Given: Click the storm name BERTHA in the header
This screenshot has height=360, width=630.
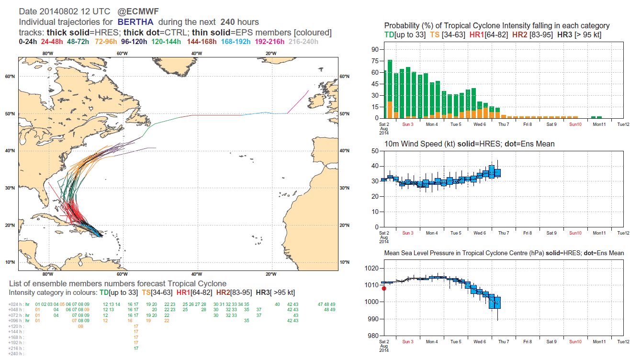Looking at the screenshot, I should [x=136, y=22].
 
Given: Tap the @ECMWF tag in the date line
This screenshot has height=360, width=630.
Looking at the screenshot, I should [x=143, y=11].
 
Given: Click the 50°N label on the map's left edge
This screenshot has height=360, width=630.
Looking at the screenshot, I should [x=11, y=114].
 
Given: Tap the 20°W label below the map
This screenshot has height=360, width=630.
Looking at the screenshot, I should [x=270, y=274].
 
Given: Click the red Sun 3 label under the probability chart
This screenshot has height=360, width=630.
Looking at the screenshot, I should [x=408, y=124].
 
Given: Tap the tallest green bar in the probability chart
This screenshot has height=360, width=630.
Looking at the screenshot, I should [x=390, y=89].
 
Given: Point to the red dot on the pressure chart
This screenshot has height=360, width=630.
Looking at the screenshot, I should [x=384, y=288].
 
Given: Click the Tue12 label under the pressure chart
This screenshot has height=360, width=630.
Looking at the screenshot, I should [x=623, y=342].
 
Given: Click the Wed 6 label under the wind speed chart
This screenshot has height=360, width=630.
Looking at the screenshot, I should [x=479, y=233].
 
